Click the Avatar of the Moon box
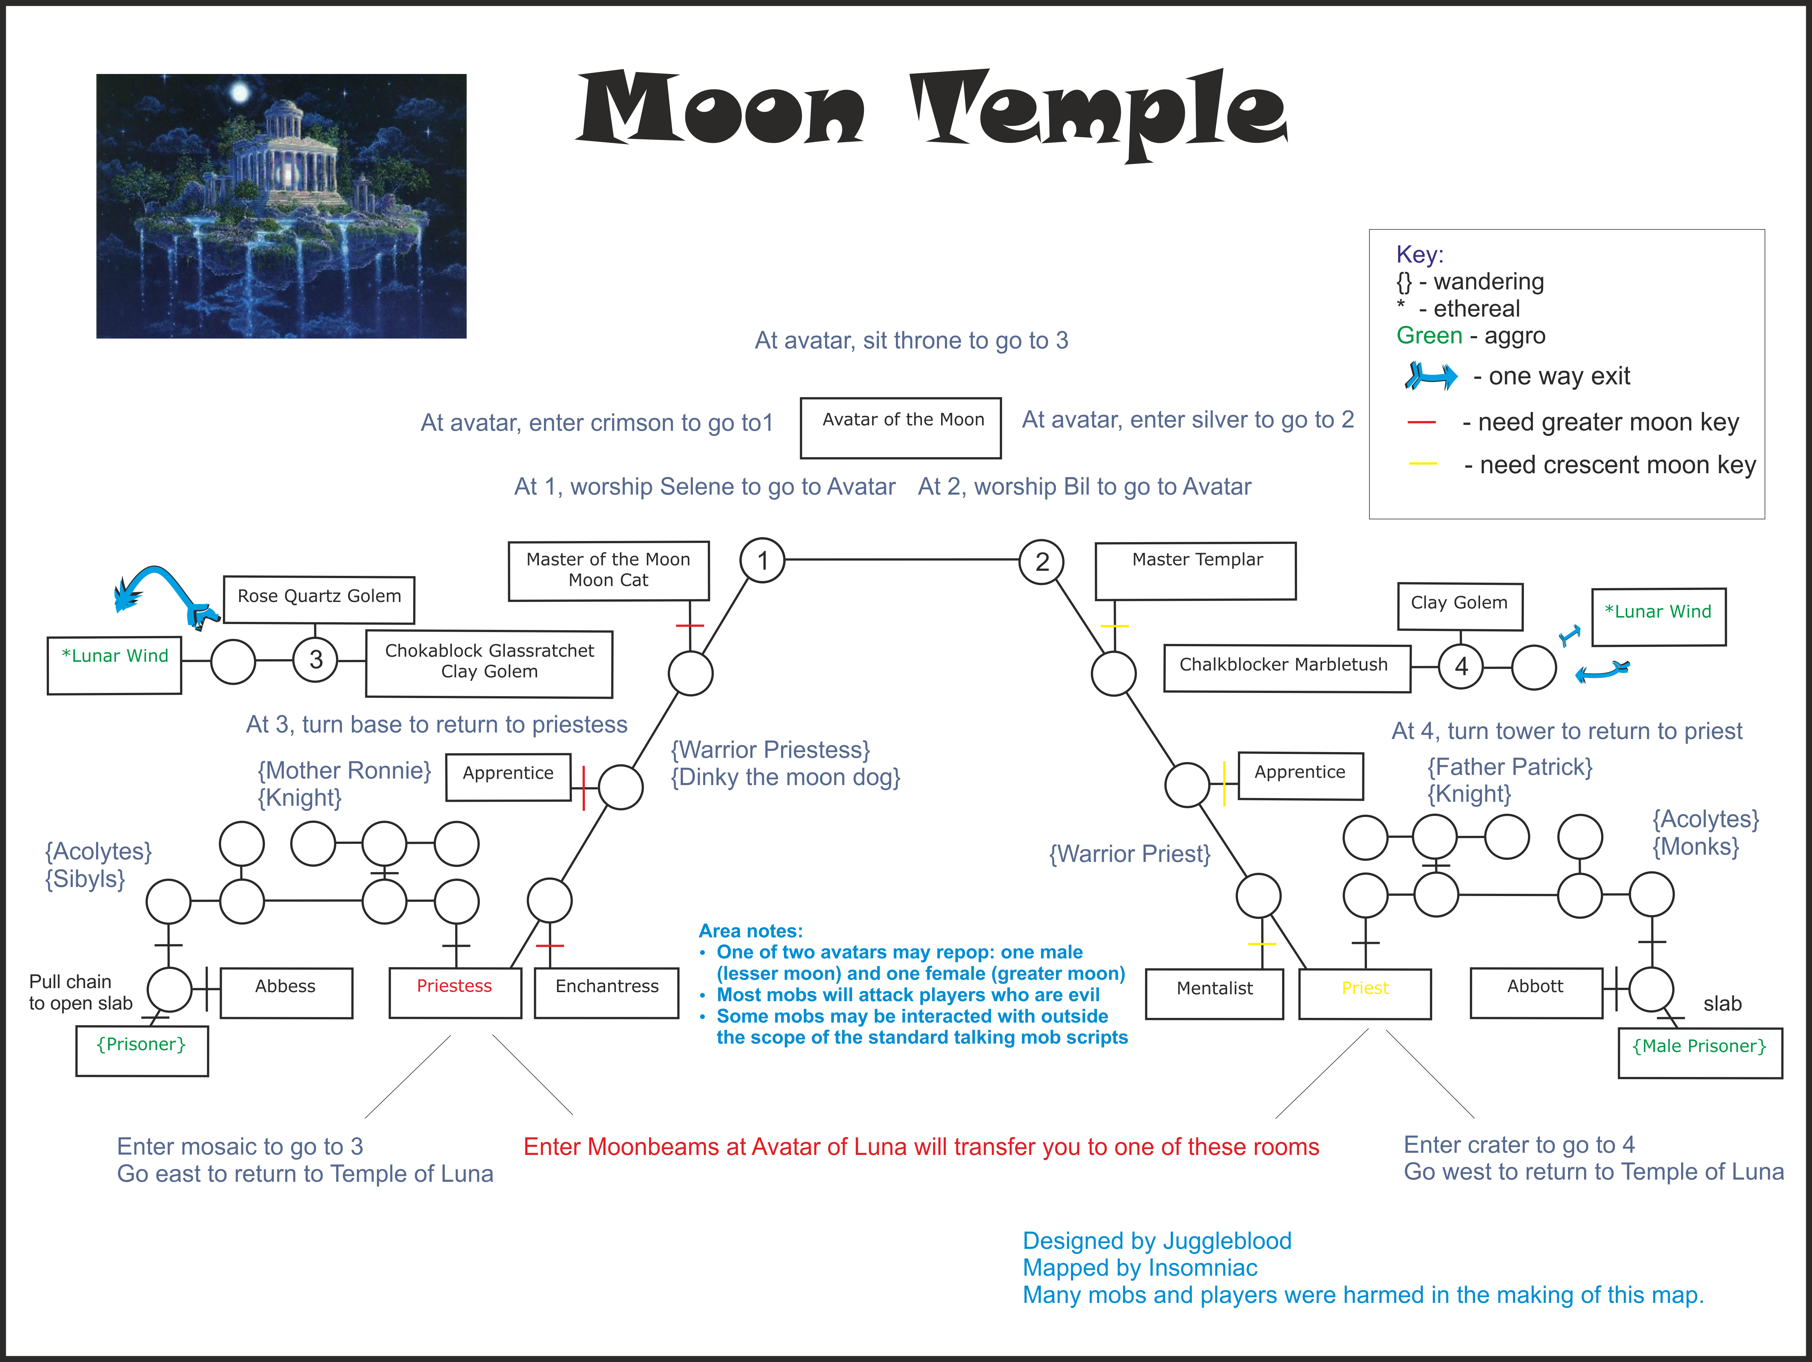(900, 428)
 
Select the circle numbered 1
(762, 561)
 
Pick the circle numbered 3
(315, 660)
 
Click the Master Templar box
(1196, 571)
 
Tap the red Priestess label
(455, 986)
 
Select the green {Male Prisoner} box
(1700, 1053)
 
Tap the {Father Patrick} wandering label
(1510, 767)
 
